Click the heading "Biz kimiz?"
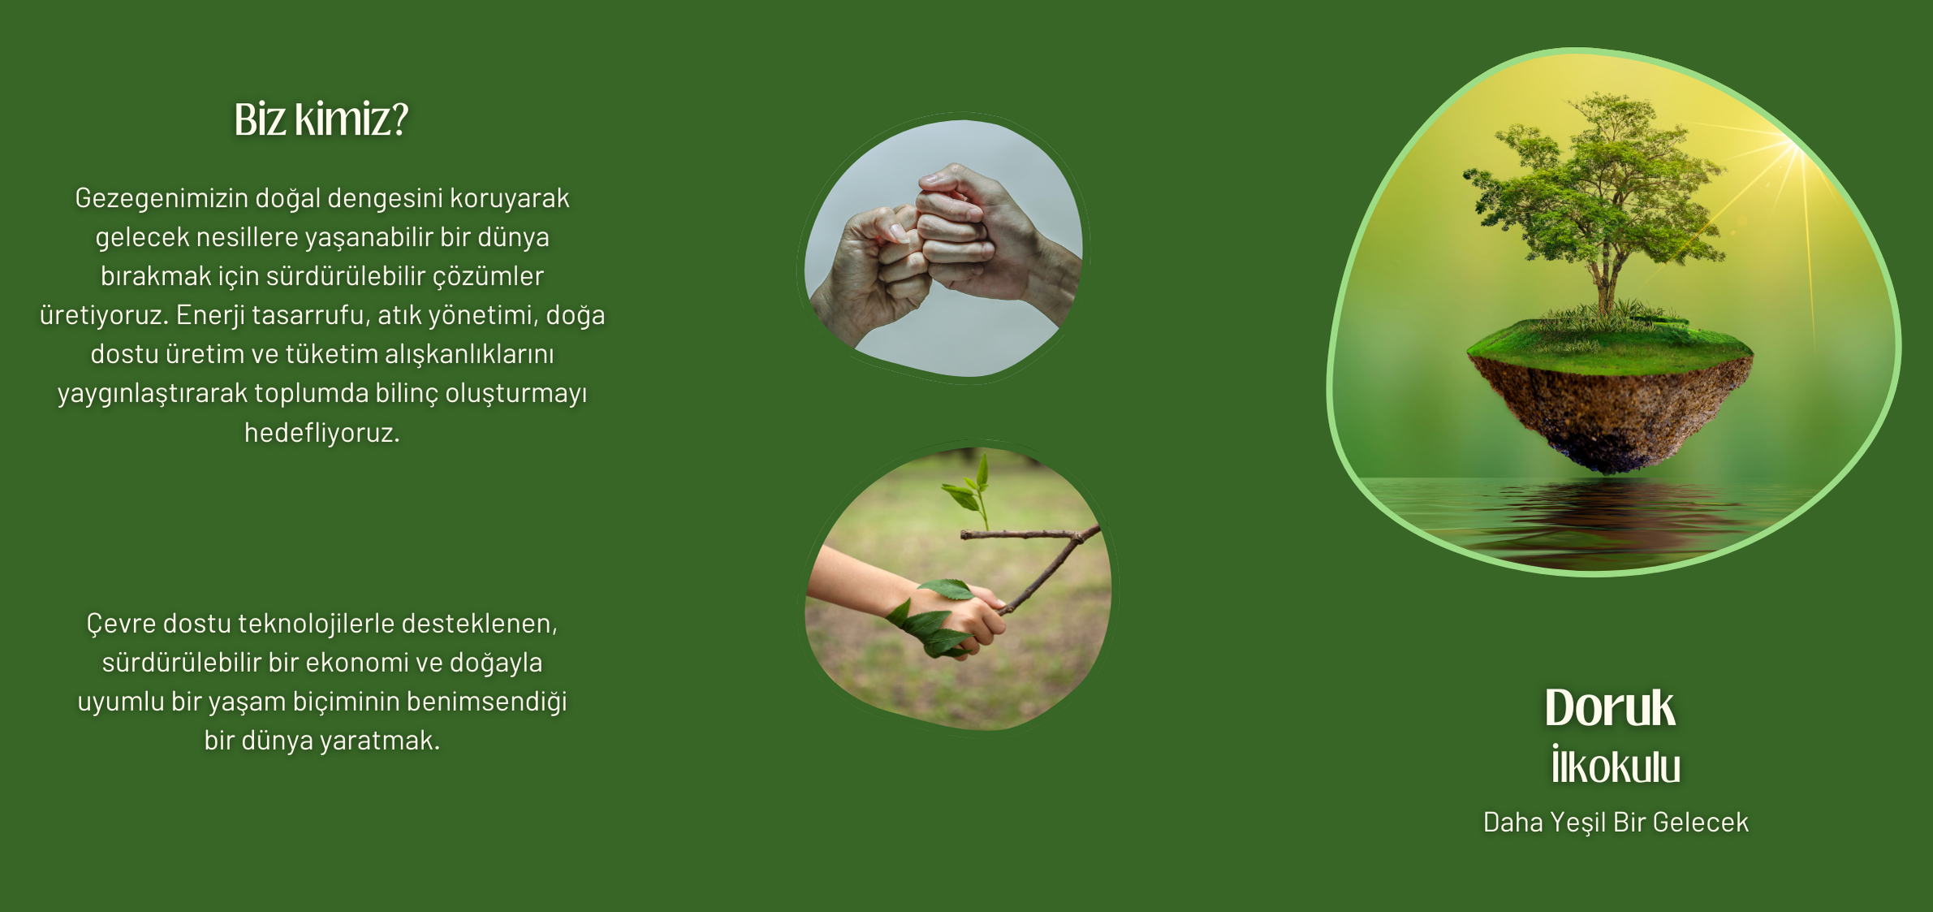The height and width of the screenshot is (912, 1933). [x=321, y=119]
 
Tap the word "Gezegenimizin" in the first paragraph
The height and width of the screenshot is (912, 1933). [x=162, y=198]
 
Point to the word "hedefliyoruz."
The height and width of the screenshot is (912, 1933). [x=322, y=432]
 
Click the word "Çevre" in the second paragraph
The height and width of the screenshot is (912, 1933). [x=121, y=624]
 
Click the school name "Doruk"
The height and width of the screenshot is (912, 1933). [x=1610, y=707]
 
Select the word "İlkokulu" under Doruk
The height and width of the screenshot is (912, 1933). [x=1616, y=766]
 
